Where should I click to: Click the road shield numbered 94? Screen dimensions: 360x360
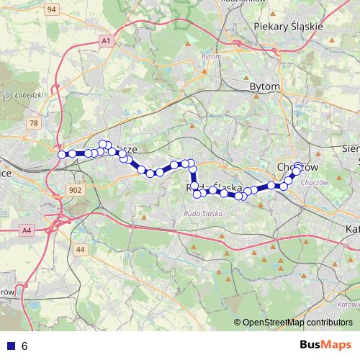click(x=52, y=9)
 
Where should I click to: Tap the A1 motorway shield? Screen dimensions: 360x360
click(x=107, y=42)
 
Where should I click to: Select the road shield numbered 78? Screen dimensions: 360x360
click(x=33, y=124)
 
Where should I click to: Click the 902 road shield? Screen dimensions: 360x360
click(x=76, y=189)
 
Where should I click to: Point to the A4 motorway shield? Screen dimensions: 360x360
click(x=27, y=230)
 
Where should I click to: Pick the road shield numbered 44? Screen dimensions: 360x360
click(x=80, y=249)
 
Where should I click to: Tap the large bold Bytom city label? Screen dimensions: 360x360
click(x=264, y=86)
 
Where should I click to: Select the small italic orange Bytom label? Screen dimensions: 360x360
click(x=212, y=55)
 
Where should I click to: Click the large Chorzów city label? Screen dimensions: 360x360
click(x=297, y=167)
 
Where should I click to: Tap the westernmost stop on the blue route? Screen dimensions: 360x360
click(x=62, y=154)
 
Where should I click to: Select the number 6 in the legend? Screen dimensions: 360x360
click(x=24, y=346)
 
